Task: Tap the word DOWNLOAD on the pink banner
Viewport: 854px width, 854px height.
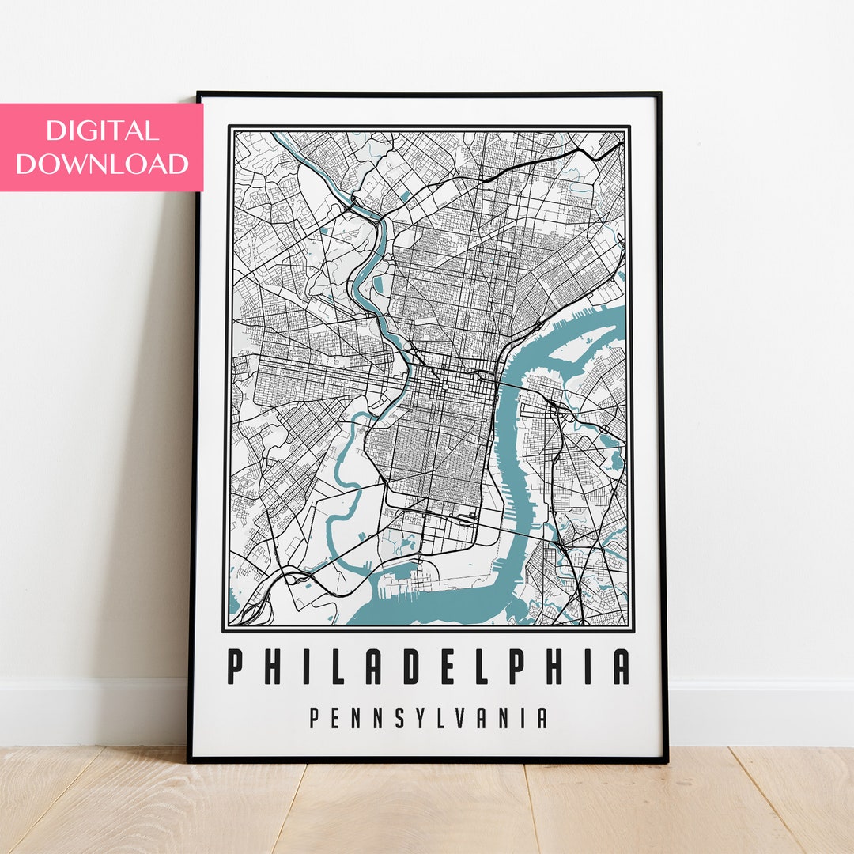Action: (x=102, y=164)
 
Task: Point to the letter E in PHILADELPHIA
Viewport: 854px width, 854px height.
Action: (x=445, y=667)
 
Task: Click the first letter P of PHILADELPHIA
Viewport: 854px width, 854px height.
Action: (x=235, y=667)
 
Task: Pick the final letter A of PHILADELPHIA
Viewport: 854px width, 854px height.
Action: (x=622, y=667)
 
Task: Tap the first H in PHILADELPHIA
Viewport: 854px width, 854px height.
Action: (x=271, y=667)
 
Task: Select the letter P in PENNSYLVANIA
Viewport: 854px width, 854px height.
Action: (x=315, y=718)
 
